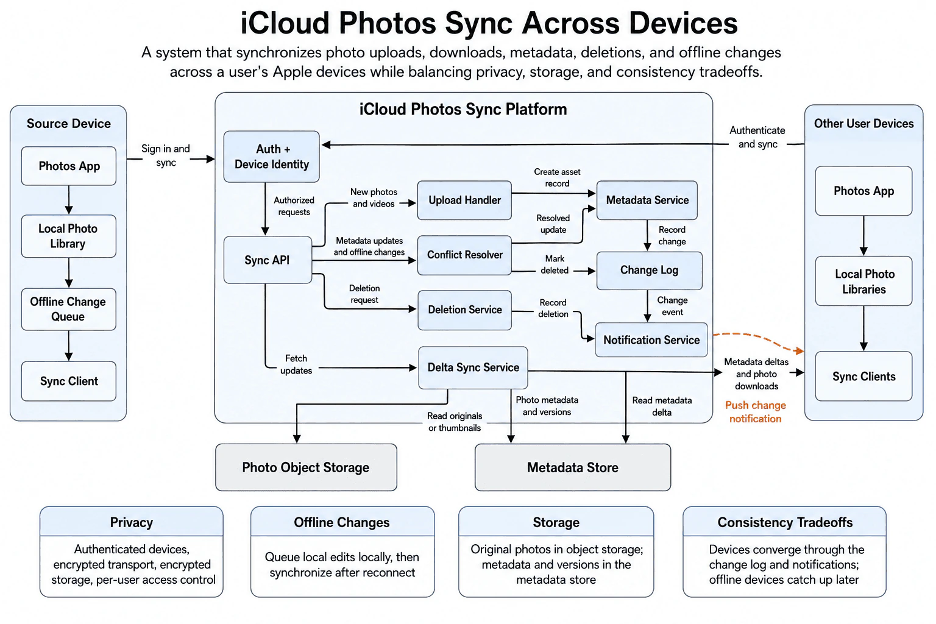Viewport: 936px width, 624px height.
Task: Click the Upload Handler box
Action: pos(464,200)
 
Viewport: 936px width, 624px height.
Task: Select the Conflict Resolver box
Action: pos(464,255)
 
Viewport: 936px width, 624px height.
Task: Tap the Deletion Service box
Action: pos(465,310)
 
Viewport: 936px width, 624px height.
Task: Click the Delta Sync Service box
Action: pos(473,367)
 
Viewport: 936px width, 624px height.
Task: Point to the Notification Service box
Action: pos(651,340)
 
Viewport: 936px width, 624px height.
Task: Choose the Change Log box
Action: pos(650,271)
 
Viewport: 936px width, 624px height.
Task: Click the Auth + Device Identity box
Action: pos(272,157)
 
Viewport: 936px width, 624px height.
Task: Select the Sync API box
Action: pos(268,260)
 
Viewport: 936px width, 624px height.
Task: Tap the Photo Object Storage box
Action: pos(307,467)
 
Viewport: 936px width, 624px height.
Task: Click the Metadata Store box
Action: pos(573,467)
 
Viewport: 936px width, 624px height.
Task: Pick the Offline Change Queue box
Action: pos(68,310)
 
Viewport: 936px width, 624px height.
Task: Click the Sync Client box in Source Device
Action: pos(68,381)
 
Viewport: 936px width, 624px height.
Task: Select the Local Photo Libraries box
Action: pos(863,282)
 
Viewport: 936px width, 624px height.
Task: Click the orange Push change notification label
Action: pos(756,412)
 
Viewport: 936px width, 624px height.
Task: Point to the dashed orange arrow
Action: pos(759,339)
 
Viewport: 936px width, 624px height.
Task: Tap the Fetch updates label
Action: pos(296,364)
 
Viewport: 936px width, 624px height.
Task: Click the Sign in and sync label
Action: pos(166,155)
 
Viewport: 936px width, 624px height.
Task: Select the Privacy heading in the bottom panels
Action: pos(131,522)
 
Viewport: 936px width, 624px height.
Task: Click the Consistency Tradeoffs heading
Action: pos(785,522)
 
